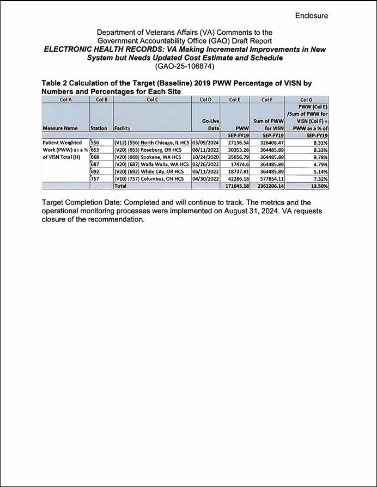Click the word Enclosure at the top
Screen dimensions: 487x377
pos(312,15)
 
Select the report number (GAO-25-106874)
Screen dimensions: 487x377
pos(185,66)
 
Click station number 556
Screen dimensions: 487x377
pos(96,142)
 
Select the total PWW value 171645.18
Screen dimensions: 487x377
pos(234,186)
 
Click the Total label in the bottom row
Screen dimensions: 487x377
pos(120,186)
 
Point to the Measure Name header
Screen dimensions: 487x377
pos(59,128)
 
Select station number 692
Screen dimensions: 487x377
pos(96,171)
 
